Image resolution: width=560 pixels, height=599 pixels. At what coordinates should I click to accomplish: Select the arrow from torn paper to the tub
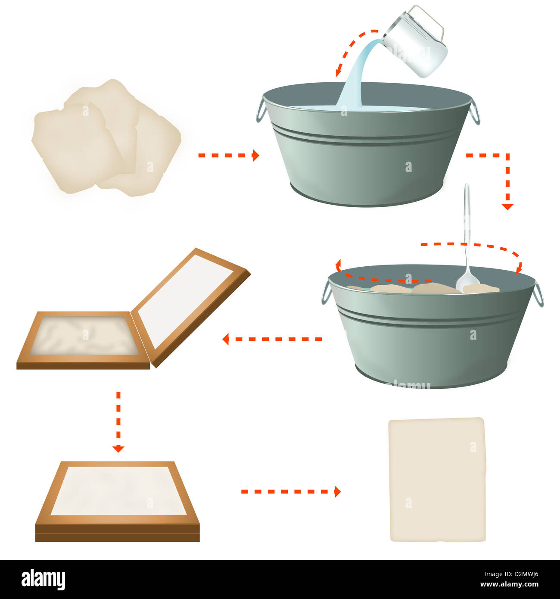coord(228,155)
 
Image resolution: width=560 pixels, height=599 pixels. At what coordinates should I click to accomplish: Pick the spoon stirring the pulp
coord(467,241)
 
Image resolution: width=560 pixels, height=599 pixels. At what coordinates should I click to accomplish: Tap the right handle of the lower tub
coord(538,294)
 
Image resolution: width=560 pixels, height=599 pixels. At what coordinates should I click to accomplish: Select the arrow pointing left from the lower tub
coord(271,339)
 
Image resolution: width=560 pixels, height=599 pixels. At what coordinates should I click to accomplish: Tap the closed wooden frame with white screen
coord(117,500)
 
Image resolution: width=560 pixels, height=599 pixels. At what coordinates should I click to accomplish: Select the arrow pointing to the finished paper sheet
coord(291,491)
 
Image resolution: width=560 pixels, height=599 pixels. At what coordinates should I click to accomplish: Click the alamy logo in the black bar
coord(43,580)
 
